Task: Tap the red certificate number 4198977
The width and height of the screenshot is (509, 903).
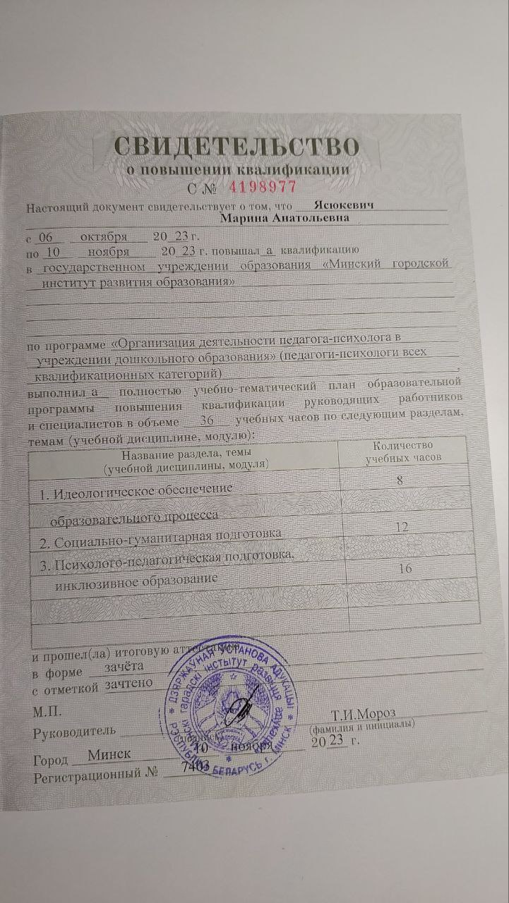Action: pyautogui.click(x=262, y=187)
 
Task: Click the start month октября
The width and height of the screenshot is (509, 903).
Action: pyautogui.click(x=104, y=236)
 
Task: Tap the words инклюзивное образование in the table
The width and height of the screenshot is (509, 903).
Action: pyautogui.click(x=137, y=579)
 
